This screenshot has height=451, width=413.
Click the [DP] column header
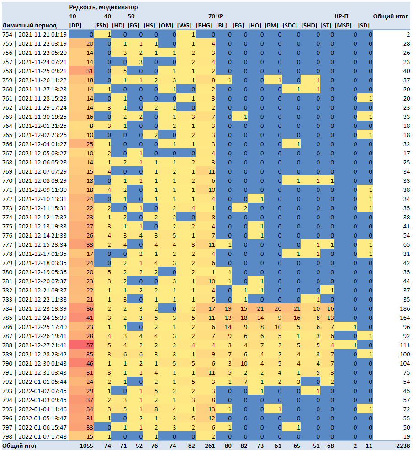click(x=75, y=25)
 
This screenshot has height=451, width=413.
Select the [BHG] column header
click(x=204, y=25)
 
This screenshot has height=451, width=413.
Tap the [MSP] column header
click(x=343, y=25)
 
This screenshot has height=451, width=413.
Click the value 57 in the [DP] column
click(x=90, y=345)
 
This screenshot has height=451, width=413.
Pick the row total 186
click(x=405, y=308)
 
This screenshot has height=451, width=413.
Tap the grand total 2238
click(x=403, y=446)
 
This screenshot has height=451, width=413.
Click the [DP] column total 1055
click(x=86, y=446)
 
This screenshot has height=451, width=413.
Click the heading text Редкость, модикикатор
click(x=104, y=7)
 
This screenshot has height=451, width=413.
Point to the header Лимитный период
click(x=29, y=25)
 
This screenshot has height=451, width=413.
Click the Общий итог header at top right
click(x=390, y=16)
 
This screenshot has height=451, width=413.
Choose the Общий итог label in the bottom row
click(x=20, y=446)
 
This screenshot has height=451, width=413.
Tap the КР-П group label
click(x=341, y=16)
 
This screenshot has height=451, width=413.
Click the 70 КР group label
click(x=216, y=16)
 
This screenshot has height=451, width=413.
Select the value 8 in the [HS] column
click(x=156, y=409)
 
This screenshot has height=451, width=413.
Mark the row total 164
click(x=405, y=318)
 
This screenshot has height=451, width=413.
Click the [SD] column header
click(x=364, y=25)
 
